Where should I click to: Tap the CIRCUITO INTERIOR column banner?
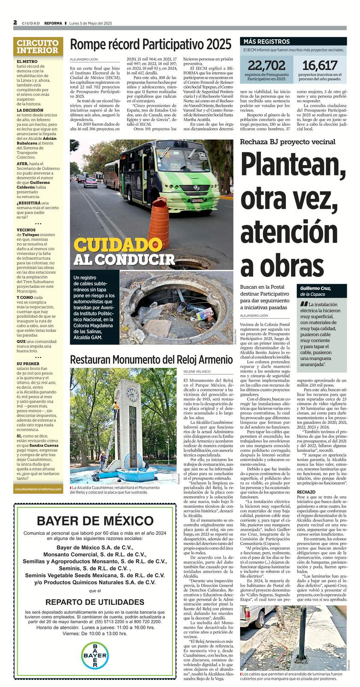click(38, 47)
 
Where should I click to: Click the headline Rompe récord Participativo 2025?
click(151, 44)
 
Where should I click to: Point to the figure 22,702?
click(266, 65)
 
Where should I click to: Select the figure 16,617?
click(320, 65)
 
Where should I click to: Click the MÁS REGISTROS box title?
click(266, 41)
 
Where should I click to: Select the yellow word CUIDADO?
click(111, 245)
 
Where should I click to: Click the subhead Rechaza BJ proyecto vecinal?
click(287, 142)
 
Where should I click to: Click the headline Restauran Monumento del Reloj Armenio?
click(151, 360)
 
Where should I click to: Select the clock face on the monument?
click(132, 392)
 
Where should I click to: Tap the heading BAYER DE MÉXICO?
click(95, 521)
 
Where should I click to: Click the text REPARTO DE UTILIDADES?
click(95, 602)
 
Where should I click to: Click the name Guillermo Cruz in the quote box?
click(315, 288)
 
